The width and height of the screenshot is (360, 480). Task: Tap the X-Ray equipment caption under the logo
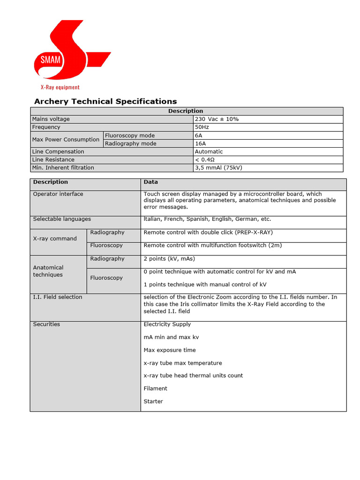[x=60, y=87]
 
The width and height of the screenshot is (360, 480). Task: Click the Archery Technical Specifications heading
[x=105, y=101]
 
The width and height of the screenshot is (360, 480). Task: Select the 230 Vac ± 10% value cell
[x=217, y=119]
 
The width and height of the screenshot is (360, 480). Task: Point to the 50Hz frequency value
[x=202, y=127]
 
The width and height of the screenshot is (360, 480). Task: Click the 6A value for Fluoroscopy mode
[x=199, y=135]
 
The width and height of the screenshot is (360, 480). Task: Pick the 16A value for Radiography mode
[x=200, y=143]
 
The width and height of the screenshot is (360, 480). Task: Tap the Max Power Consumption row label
[x=66, y=139]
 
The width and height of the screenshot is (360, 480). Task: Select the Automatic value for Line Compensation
[x=209, y=151]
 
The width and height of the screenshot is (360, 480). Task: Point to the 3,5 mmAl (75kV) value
[x=218, y=167]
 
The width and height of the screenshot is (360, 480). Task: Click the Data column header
[x=150, y=182]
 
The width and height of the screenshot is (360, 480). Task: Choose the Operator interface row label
[x=58, y=194]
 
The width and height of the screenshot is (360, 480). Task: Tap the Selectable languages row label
[x=62, y=219]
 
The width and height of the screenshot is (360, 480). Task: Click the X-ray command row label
[x=55, y=239]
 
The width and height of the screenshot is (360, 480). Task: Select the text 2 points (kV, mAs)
[x=169, y=259]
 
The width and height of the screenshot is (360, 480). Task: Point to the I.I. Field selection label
[x=58, y=297]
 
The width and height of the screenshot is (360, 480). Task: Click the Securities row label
[x=46, y=324]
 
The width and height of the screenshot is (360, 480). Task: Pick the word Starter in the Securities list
[x=153, y=401]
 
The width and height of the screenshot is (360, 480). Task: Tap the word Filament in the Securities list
[x=155, y=388]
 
